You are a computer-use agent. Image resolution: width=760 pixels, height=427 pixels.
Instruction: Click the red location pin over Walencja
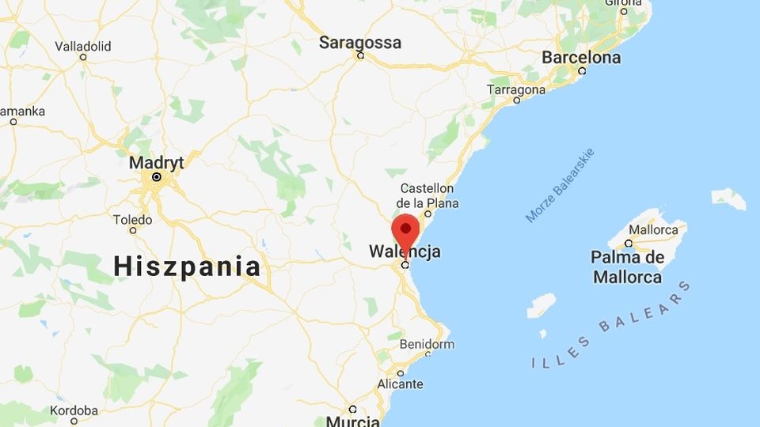tap(406, 229)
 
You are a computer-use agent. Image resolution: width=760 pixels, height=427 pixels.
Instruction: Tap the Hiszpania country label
tap(187, 266)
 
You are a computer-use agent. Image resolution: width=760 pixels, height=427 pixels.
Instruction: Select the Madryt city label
tap(156, 162)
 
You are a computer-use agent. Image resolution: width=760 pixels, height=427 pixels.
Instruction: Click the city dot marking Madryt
tap(157, 177)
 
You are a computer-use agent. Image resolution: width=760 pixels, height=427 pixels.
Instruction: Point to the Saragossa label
tap(360, 43)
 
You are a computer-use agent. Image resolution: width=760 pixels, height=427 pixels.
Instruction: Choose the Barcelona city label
tap(581, 58)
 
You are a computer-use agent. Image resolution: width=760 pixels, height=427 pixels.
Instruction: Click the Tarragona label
tap(516, 89)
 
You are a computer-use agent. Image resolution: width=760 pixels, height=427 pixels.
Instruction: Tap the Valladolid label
tap(83, 46)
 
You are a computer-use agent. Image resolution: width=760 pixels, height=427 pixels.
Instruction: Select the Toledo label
tap(132, 219)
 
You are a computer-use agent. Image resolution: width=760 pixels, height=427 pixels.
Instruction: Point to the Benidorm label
tap(427, 345)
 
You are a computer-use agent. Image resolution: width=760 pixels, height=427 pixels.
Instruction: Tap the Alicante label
tap(400, 384)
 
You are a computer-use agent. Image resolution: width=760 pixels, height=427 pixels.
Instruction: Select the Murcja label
tap(353, 420)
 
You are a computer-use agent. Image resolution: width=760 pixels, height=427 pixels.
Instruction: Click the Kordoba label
tap(74, 410)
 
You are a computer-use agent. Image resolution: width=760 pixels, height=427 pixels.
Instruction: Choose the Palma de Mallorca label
tap(627, 267)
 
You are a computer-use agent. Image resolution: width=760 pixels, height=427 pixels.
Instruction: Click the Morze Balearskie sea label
tap(560, 186)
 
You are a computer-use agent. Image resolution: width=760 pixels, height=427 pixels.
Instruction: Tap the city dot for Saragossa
tap(360, 56)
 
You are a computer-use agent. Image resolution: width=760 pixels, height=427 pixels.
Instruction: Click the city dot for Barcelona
tap(582, 70)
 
